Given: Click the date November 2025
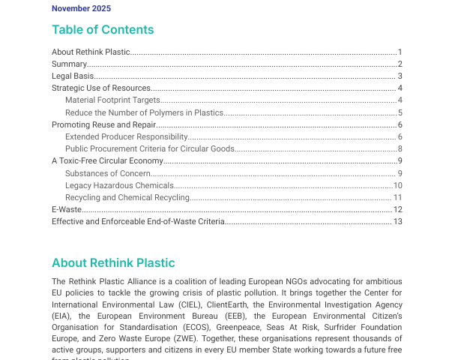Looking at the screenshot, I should pos(81,8).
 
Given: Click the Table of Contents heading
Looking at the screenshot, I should pos(103,30).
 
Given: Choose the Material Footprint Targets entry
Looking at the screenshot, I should pos(113,100).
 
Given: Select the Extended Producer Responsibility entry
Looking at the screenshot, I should pos(126,136).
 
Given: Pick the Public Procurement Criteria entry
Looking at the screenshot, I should pos(150,148).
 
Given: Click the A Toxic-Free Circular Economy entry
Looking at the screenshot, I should pos(107,160).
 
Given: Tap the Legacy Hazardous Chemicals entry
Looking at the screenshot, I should pos(120,185).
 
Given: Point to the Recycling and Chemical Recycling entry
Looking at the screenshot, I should pos(127,197).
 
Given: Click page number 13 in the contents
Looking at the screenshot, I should pos(398,221).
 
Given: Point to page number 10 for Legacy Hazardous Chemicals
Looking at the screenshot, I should pos(398,185).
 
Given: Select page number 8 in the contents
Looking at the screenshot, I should pos(400,148).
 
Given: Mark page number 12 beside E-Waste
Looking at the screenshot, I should pos(398,209).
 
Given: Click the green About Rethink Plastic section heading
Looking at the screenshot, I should pos(113,263).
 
